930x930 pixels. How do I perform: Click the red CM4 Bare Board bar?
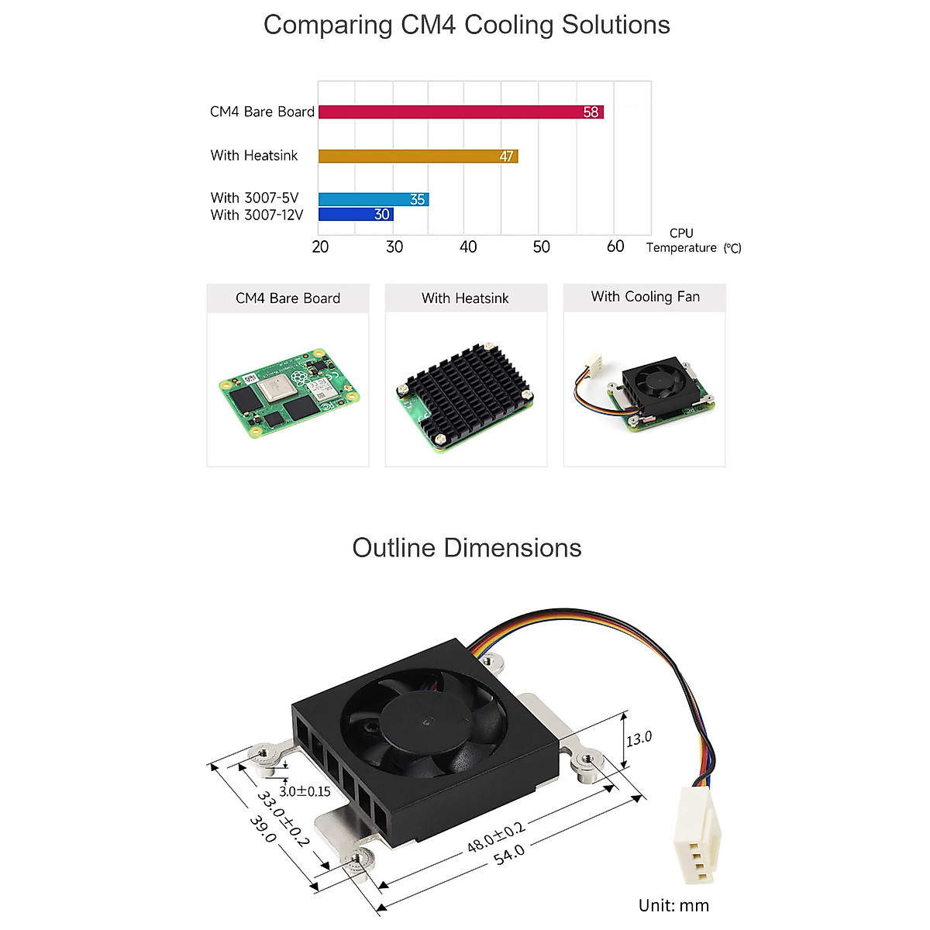[x=460, y=112]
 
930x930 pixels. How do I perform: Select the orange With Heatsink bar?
[x=418, y=156]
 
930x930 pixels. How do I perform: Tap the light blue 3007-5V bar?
[x=373, y=199]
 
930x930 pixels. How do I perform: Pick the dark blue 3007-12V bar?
[x=356, y=215]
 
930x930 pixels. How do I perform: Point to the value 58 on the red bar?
[x=591, y=112]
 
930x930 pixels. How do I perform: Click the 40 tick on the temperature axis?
[x=468, y=246]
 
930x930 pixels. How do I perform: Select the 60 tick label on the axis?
[x=615, y=246]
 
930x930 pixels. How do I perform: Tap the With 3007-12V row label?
[x=257, y=215]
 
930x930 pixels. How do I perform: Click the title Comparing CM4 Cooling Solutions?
[x=467, y=25]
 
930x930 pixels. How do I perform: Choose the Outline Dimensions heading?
[x=467, y=548]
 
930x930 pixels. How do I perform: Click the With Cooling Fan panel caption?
[x=645, y=297]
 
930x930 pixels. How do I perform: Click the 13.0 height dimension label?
[x=639, y=739]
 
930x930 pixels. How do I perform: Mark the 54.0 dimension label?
[x=509, y=856]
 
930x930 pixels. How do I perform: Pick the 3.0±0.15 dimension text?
[x=305, y=791]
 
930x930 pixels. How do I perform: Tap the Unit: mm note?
[x=673, y=905]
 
